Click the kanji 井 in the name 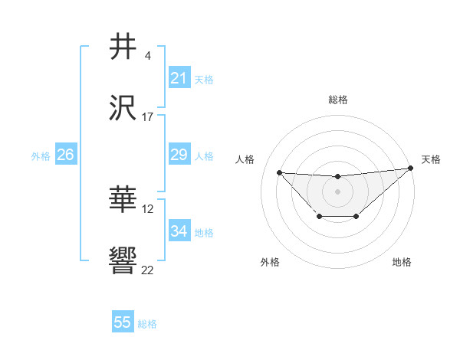click(123, 47)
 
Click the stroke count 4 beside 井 click(148, 55)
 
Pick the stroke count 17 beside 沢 click(148, 117)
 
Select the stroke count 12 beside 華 click(148, 208)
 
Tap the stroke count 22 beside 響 click(148, 270)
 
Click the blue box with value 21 click(179, 78)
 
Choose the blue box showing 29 click(179, 155)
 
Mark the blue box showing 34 click(179, 231)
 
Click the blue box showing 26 click(65, 155)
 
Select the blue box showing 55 click(123, 322)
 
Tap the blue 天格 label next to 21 click(204, 79)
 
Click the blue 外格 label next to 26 click(41, 155)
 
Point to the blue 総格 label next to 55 click(147, 323)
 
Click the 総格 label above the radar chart click(337, 100)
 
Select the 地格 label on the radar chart click(402, 262)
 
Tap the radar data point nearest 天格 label click(411, 169)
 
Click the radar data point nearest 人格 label click(279, 172)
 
